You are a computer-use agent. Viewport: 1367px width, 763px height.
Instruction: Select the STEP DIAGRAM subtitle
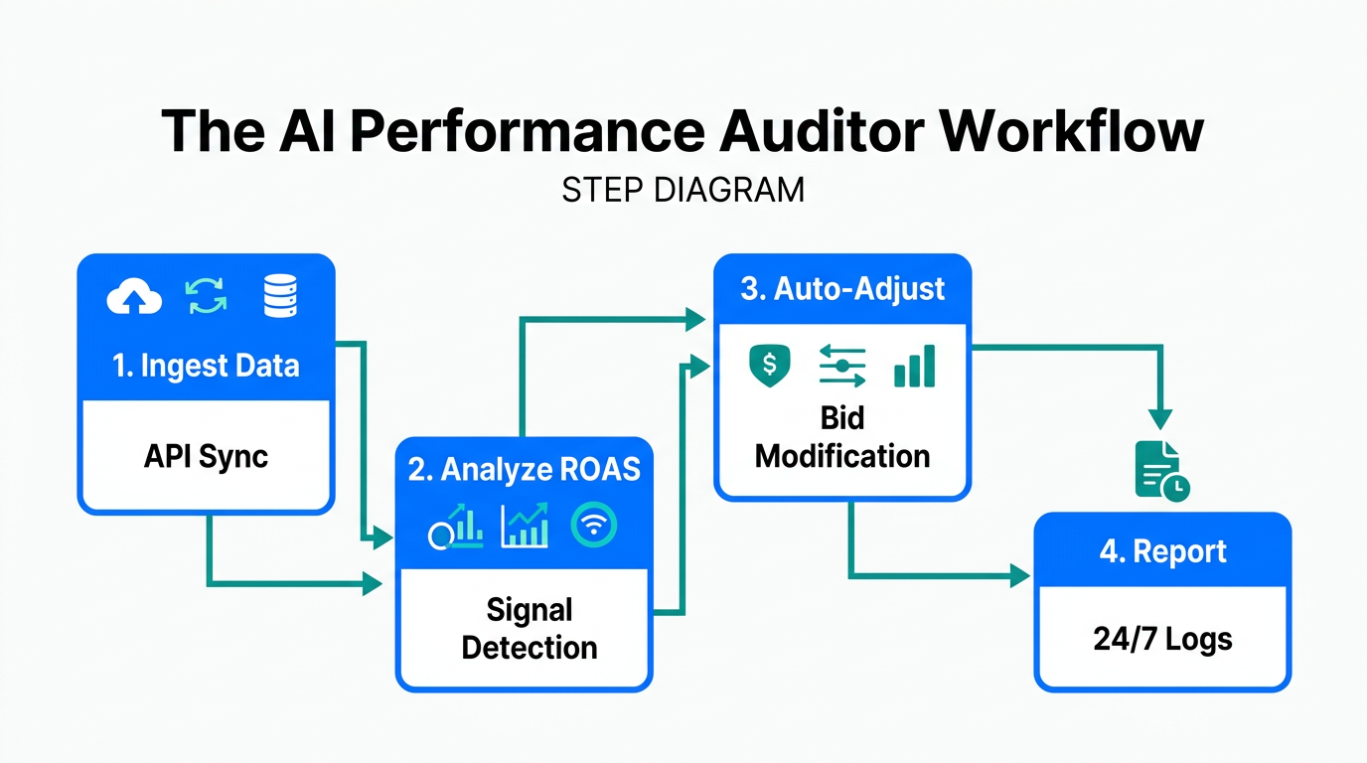coord(683,190)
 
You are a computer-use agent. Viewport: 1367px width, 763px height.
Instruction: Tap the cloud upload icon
coord(134,297)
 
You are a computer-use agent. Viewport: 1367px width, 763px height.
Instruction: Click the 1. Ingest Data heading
coord(206,366)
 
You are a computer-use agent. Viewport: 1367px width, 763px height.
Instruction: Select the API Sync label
coord(206,456)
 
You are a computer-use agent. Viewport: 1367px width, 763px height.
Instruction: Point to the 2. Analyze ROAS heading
coord(525,469)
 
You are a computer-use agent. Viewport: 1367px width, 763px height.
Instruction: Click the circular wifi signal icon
coord(594,526)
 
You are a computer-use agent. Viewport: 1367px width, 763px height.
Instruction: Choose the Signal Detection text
coord(530,629)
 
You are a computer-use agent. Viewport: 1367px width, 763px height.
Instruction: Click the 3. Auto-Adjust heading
coord(842,289)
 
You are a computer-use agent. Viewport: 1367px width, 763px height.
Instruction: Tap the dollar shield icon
coord(769,366)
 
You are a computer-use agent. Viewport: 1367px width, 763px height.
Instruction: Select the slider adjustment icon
coord(842,366)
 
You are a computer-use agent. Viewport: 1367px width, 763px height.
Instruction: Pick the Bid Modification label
coord(842,437)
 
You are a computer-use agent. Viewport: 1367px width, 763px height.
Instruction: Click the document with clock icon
coord(1160,471)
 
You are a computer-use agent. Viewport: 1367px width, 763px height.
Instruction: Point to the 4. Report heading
coord(1162,551)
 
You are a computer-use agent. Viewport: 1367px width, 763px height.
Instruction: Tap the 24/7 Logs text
coord(1162,639)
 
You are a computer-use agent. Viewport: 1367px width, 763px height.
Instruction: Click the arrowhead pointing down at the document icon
coord(1160,418)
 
